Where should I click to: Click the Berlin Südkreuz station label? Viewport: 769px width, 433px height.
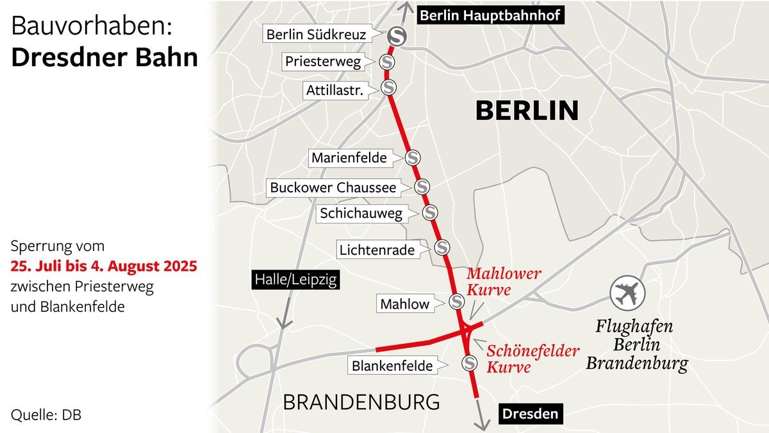point(316,35)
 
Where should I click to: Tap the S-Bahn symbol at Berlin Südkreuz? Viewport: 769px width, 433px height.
point(396,37)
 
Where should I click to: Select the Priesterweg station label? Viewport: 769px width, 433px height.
point(323,62)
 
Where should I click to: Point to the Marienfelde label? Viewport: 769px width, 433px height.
point(349,158)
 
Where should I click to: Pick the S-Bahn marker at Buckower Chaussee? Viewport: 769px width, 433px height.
point(422,187)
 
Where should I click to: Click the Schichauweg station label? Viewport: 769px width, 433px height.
point(361,214)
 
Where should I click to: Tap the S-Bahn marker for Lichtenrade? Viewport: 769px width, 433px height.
point(442,247)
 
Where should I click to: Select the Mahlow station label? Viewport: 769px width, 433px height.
point(405,303)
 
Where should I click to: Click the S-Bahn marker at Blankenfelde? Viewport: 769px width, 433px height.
point(470,363)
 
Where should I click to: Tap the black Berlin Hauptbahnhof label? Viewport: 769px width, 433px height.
point(491,15)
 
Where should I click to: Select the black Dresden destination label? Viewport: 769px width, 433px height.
point(530,414)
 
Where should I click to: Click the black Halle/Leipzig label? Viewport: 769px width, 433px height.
point(295,280)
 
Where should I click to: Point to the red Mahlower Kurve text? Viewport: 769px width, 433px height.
point(504,282)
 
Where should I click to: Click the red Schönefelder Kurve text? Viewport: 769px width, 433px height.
point(533,359)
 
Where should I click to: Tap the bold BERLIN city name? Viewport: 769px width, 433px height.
point(527,111)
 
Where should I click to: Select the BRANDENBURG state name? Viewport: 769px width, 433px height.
point(361,402)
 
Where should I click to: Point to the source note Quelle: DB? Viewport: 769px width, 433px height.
point(46,415)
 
